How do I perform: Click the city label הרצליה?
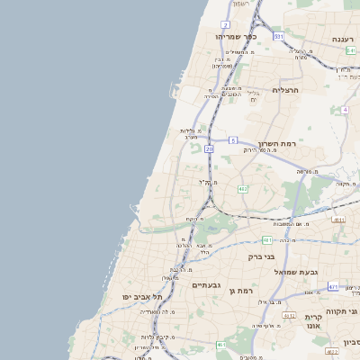(x=284, y=90)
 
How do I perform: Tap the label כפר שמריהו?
(x=237, y=37)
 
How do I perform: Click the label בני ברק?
(x=261, y=256)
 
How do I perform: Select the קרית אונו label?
(x=313, y=322)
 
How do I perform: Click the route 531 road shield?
(x=279, y=37)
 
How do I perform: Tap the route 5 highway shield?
(x=232, y=140)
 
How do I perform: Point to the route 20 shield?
(x=209, y=148)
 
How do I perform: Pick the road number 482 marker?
(x=242, y=189)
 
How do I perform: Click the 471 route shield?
(x=333, y=287)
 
